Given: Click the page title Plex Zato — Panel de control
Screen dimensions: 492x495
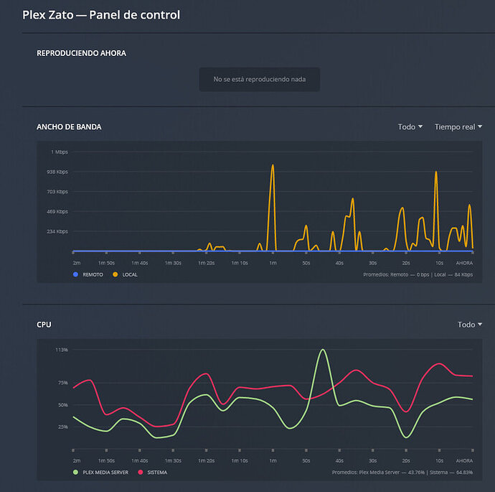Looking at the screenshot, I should (x=101, y=14).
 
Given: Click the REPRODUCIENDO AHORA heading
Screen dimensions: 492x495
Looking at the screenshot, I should (x=81, y=53).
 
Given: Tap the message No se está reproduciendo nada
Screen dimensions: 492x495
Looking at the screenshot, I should (x=259, y=79).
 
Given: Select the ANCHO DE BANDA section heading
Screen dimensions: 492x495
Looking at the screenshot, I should (x=69, y=126).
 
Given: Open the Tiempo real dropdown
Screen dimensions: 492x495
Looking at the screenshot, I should (x=458, y=126).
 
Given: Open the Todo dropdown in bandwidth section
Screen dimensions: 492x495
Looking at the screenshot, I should (x=410, y=126).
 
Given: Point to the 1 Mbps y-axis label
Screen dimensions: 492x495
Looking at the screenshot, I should (x=59, y=152).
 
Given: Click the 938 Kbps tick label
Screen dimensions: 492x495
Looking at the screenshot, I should (x=57, y=172).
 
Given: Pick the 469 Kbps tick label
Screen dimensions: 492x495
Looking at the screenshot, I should (x=57, y=211).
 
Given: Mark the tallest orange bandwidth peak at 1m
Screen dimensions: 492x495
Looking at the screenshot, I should (x=273, y=166).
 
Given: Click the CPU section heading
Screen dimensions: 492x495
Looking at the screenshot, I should (x=44, y=325).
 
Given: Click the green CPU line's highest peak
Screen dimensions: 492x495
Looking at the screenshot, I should (x=323, y=350).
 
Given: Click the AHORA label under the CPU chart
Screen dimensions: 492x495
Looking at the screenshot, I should (x=464, y=460).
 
